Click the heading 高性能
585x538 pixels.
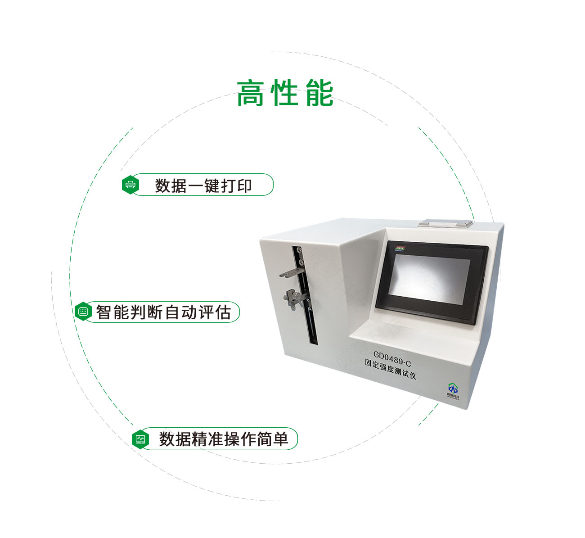(285, 93)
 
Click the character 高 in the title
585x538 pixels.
(250, 93)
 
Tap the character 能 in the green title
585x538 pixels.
(319, 93)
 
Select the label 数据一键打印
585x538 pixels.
(203, 185)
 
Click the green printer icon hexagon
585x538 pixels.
(130, 185)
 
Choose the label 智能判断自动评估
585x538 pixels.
(163, 312)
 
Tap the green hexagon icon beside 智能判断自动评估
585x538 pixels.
(83, 312)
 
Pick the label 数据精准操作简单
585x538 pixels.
(223, 439)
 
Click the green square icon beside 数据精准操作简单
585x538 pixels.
(140, 439)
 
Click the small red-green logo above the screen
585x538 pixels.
(400, 248)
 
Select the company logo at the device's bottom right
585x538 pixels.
(452, 390)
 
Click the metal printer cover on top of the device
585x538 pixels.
(445, 222)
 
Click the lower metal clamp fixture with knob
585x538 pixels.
(293, 297)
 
